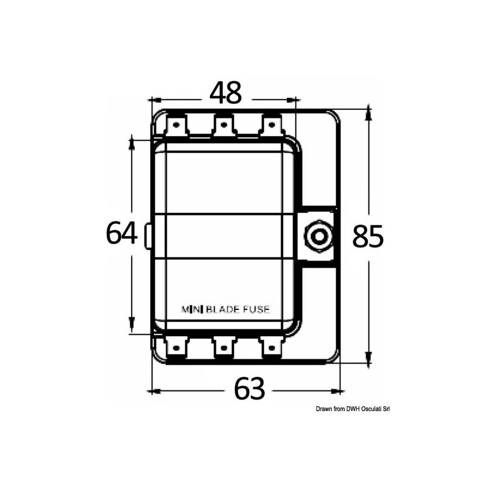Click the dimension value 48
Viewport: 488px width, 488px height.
226,93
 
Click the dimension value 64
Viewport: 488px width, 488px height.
122,233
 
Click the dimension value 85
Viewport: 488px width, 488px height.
368,236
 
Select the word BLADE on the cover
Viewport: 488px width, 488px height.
225,309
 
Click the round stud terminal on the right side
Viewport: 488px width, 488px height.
317,235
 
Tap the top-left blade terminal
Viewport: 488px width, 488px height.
176,127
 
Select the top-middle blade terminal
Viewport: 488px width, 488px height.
223,127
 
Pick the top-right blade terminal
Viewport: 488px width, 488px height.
270,127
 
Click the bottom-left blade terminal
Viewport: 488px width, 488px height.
176,348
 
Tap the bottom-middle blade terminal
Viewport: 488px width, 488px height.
223,348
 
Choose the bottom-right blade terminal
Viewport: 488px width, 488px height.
270,348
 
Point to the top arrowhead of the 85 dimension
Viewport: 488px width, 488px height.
368,110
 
